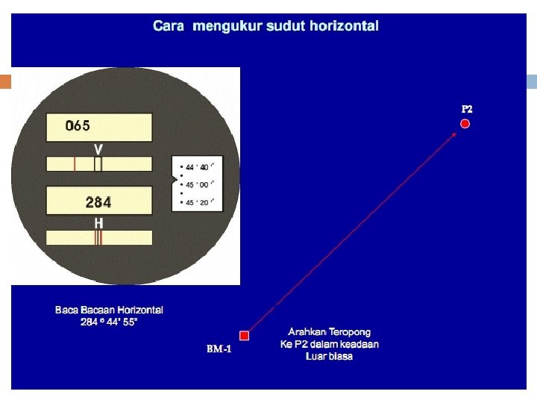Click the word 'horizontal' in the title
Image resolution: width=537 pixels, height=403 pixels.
coord(344,26)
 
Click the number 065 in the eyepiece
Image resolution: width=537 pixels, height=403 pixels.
coord(78,125)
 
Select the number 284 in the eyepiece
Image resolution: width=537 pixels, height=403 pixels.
coord(98,202)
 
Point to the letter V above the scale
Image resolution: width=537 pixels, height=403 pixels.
coord(98,149)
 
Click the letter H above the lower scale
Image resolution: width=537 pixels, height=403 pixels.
coord(98,223)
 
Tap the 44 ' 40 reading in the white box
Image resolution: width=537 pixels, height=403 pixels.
coord(198,167)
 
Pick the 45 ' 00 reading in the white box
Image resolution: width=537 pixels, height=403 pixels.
coord(198,185)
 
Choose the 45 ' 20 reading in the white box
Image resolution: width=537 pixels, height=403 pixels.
coord(198,202)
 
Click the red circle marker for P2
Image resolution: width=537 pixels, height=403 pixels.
coord(465,123)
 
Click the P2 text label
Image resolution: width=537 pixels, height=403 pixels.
coord(467,109)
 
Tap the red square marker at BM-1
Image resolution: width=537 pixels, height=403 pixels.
coord(243,336)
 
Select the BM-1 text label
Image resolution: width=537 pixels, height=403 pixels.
coord(219,349)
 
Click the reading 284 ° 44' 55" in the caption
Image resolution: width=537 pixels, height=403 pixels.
coord(109,322)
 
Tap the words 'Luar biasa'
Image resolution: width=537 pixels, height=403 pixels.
coord(329,357)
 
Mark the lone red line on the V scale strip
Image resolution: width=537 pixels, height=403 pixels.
coord(75,164)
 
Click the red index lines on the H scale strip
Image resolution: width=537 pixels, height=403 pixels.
coord(98,238)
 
